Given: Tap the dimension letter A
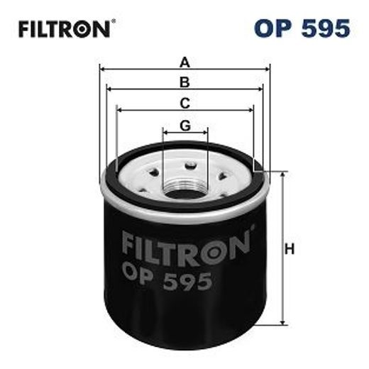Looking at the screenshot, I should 185,62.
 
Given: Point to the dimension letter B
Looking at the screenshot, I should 185,82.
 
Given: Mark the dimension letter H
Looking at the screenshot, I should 290,249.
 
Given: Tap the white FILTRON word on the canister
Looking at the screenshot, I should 186,245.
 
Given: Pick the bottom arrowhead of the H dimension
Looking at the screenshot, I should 283,324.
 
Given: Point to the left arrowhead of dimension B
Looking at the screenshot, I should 109,89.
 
